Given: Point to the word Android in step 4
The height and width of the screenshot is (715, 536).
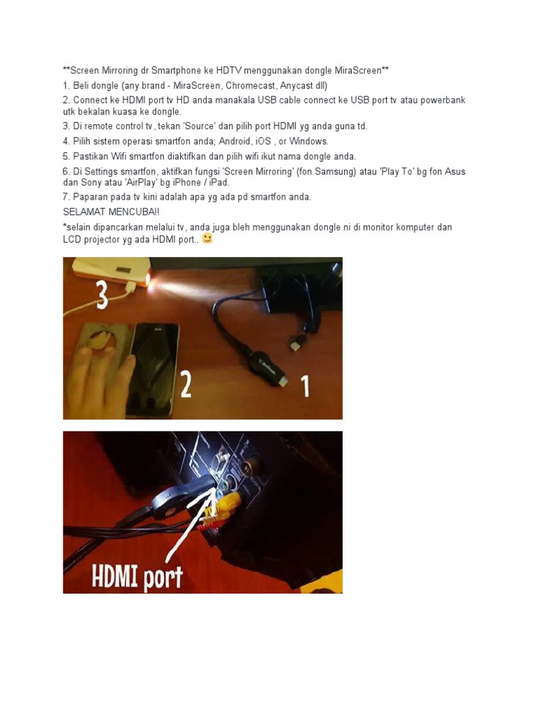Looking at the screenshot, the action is pos(234,141).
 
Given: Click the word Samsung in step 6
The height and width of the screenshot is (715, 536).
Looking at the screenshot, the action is pos(333,172).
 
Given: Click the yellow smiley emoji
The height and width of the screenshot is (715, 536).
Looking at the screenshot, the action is pos(207,239).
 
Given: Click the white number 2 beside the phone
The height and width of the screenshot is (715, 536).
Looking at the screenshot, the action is pos(185,383).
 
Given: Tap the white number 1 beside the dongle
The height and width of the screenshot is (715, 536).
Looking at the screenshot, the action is pos(305,386).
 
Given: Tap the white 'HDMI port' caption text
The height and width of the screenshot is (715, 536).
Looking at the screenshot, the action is pos(137,577).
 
